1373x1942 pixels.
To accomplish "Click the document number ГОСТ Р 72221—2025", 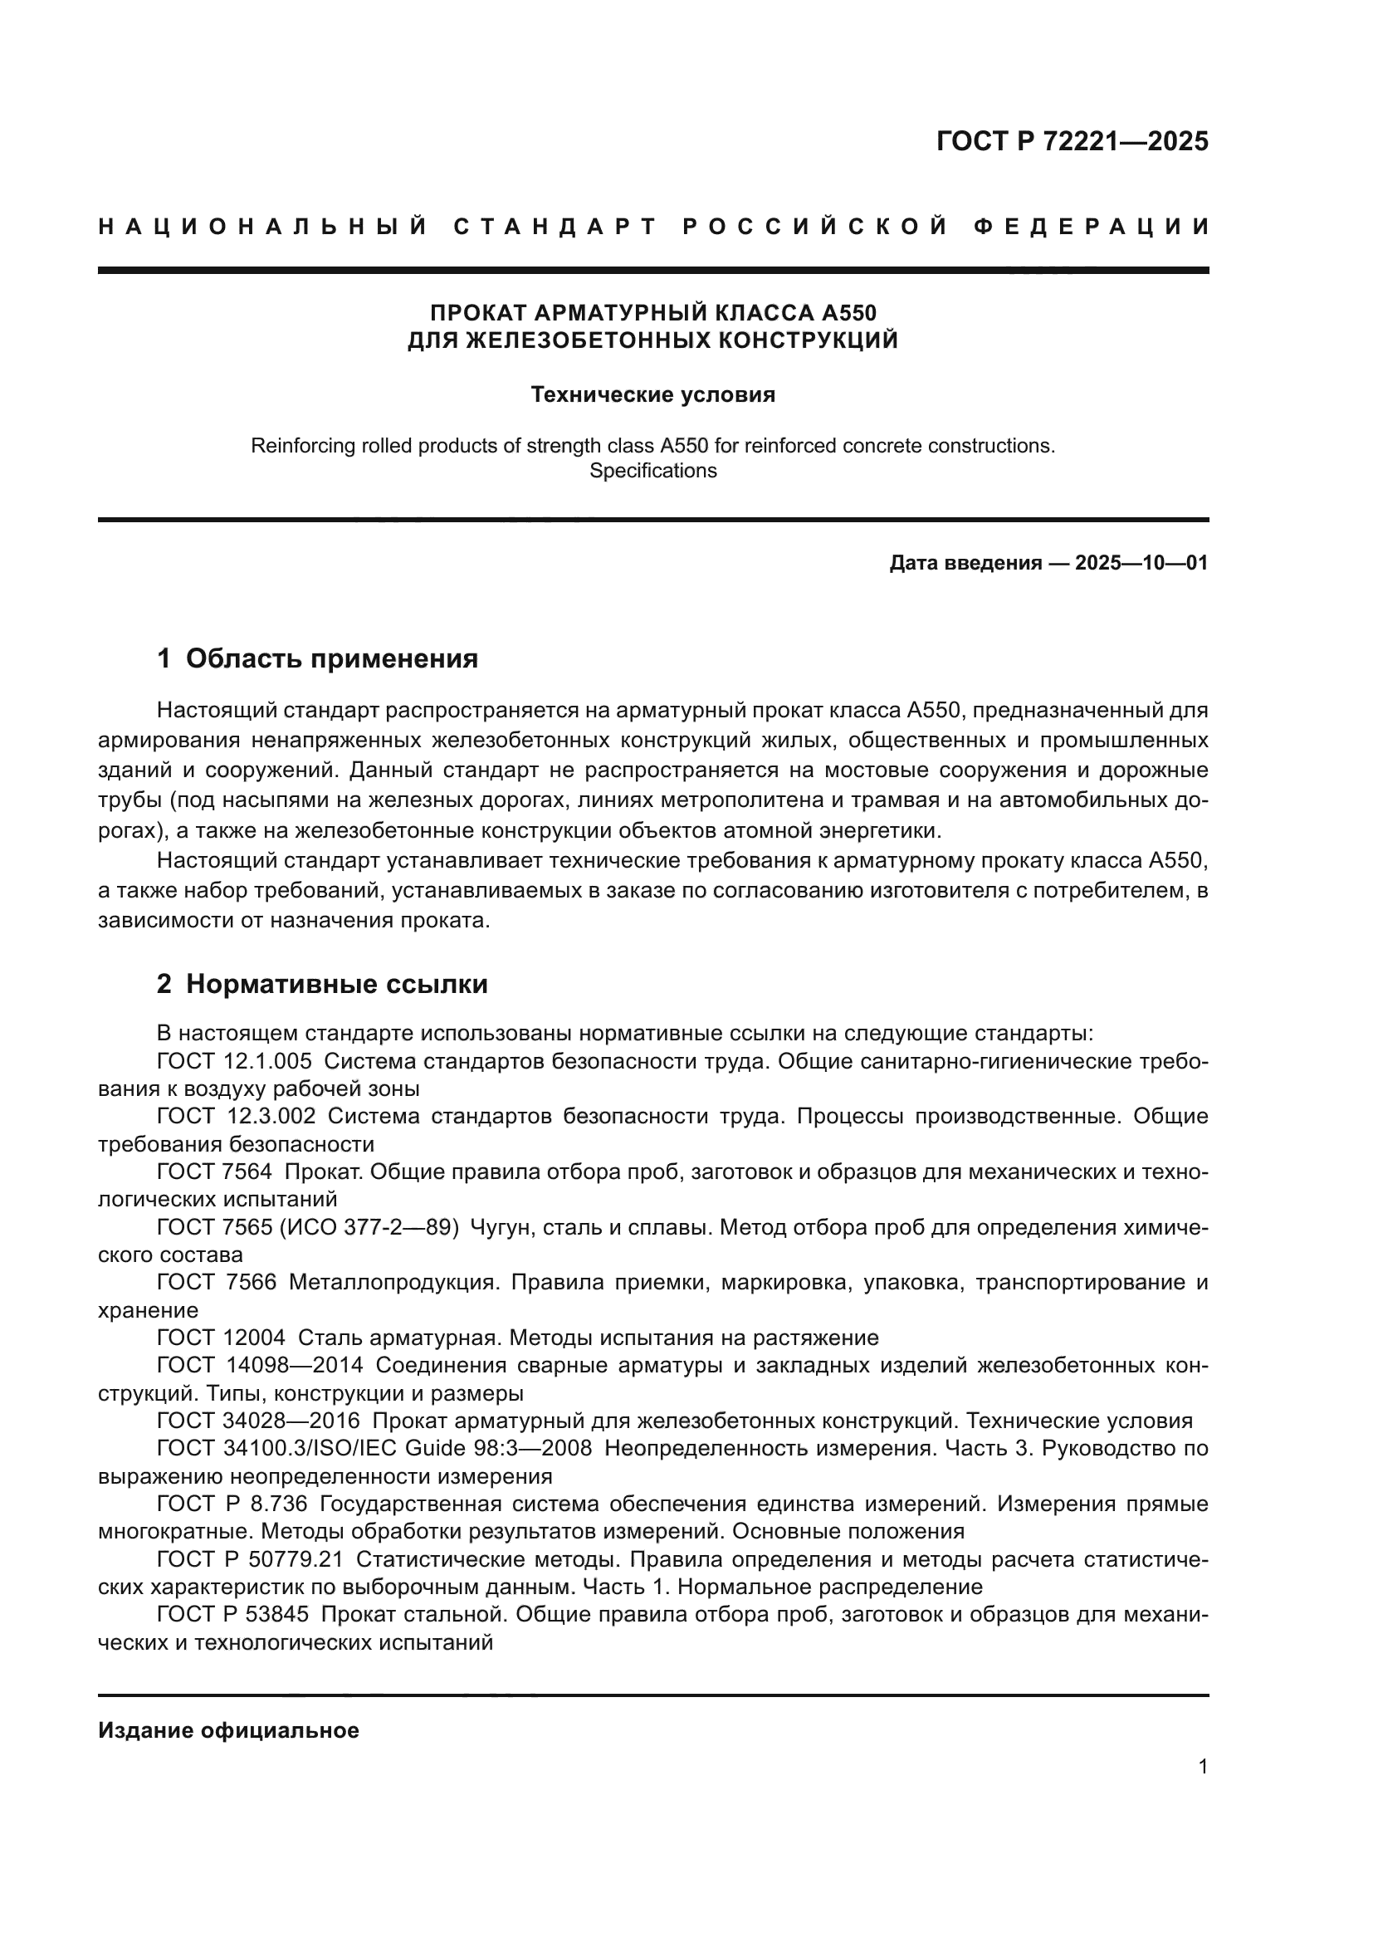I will (x=1072, y=141).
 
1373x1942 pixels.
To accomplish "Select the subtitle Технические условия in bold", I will (x=652, y=395).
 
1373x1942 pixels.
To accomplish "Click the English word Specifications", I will (x=652, y=470).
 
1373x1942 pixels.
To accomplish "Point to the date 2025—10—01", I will (x=1141, y=563).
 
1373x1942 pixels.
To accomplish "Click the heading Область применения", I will (x=331, y=658).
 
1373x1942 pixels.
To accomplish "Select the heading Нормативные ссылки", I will (x=336, y=984).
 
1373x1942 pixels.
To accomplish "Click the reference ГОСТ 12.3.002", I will (x=236, y=1117).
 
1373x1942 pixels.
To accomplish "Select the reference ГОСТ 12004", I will (x=221, y=1338).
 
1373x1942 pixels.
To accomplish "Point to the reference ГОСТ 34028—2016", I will (x=258, y=1421).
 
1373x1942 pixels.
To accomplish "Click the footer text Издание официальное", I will (x=228, y=1730).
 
